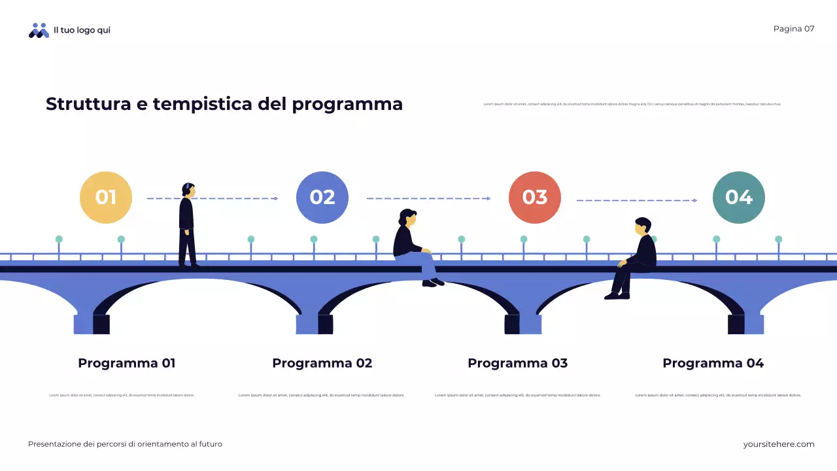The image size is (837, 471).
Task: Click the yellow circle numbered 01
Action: click(x=106, y=198)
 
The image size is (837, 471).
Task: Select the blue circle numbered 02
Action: click(x=322, y=198)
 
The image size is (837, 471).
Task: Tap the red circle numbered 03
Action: click(x=535, y=198)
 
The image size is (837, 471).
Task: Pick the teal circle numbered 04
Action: click(x=739, y=198)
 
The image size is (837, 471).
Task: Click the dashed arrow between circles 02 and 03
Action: click(x=428, y=198)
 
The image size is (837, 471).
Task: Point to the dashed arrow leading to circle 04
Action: click(x=636, y=200)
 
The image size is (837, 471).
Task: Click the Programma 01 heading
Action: click(x=127, y=363)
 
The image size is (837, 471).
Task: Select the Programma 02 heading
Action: click(x=322, y=363)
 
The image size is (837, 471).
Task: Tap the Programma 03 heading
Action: click(x=518, y=363)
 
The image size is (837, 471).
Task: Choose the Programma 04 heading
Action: click(x=713, y=363)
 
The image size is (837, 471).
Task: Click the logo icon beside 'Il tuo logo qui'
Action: click(x=39, y=30)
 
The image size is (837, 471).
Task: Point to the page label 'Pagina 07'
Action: click(x=794, y=29)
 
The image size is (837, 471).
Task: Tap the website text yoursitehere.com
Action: click(x=779, y=444)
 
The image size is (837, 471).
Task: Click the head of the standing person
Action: click(x=188, y=190)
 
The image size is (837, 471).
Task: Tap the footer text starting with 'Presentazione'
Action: click(x=125, y=444)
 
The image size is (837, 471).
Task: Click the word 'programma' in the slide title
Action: click(x=347, y=105)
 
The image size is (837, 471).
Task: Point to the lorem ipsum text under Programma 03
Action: click(x=517, y=395)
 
